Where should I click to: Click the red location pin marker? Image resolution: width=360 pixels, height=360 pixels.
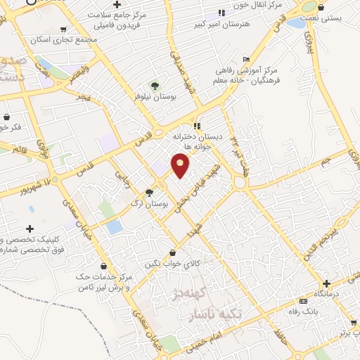[181, 165]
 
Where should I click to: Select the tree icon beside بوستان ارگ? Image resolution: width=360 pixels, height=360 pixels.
[148, 192]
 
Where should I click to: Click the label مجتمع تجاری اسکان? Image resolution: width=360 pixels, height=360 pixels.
[69, 39]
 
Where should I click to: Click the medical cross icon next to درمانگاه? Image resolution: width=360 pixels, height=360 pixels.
[326, 283]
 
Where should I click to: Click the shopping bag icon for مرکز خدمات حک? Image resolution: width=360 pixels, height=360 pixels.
[105, 266]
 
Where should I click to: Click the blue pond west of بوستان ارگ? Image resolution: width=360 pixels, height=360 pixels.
[114, 227]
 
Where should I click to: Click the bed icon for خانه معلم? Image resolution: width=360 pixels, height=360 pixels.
[245, 58]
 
